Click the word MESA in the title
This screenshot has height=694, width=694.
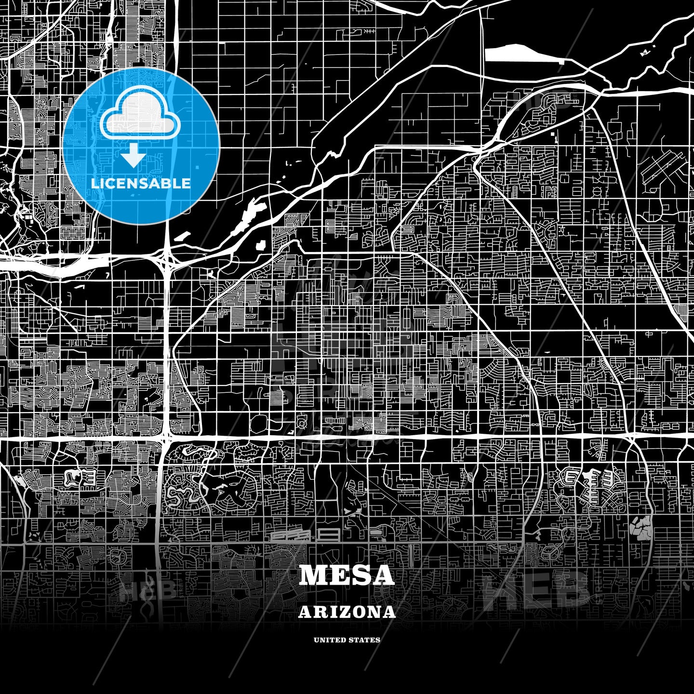pos(347,575)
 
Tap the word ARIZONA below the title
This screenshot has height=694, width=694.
pos(347,612)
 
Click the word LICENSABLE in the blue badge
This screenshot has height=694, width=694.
pos(141,184)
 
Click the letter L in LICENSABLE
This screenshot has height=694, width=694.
pos(94,184)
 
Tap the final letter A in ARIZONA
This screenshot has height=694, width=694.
pos(389,612)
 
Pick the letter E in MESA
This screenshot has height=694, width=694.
pos(338,575)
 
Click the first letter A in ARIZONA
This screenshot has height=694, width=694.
pos(305,612)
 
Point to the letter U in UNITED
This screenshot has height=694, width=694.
pos(316,640)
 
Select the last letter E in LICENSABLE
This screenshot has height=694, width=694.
pos(186,184)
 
